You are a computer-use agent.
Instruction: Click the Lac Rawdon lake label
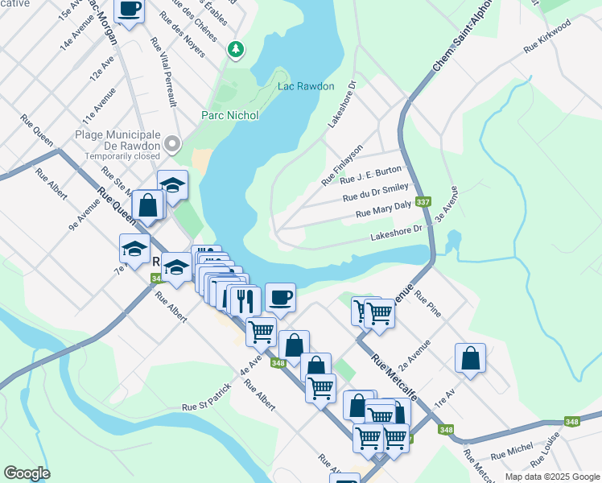[x=305, y=86]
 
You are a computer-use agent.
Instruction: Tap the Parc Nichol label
[x=229, y=115]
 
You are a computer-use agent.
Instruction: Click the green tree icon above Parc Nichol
[x=235, y=50]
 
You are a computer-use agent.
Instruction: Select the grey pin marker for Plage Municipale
[x=171, y=144]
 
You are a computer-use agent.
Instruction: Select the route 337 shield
[x=422, y=202]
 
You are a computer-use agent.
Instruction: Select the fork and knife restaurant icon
[x=243, y=301]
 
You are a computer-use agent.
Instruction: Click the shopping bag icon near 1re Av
[x=470, y=358]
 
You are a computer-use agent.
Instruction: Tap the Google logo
[x=27, y=473]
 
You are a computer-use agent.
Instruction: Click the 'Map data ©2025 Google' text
[x=552, y=477]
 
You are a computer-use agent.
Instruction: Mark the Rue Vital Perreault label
[x=160, y=83]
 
